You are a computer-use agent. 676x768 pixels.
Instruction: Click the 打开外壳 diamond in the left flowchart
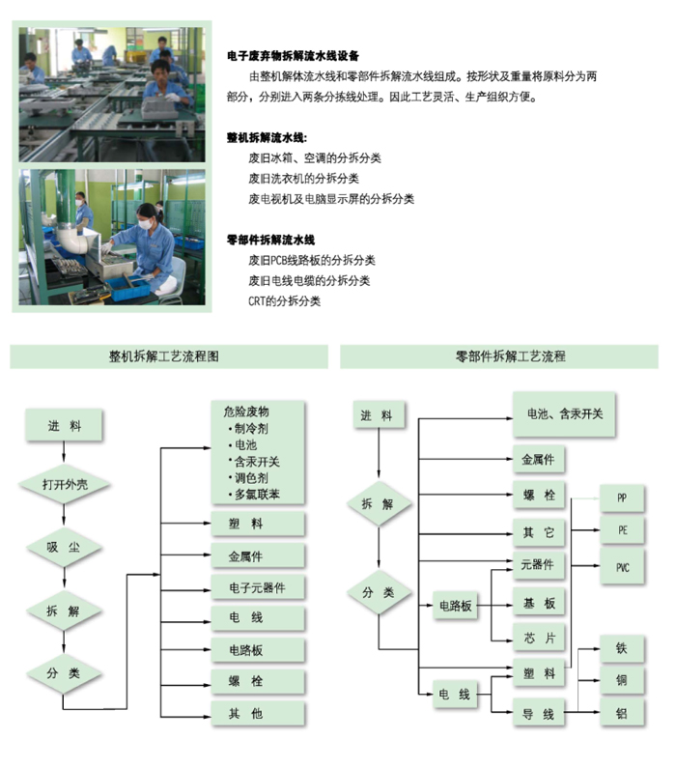tap(64, 484)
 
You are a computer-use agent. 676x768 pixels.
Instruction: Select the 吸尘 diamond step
tap(64, 547)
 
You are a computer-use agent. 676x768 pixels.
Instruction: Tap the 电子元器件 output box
tap(258, 587)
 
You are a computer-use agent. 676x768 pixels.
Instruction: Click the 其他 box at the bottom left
tap(258, 714)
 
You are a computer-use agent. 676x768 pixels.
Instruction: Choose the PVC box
tap(622, 567)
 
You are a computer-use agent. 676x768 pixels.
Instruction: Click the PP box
tap(622, 498)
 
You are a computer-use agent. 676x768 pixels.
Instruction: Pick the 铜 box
tap(622, 680)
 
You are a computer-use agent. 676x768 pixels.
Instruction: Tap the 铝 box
tap(622, 713)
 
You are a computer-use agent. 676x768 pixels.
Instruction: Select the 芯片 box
tap(539, 638)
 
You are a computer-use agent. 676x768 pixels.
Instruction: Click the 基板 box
tap(539, 603)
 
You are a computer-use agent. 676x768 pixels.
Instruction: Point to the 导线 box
tap(539, 714)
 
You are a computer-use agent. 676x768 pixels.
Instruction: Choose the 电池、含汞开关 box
tap(564, 414)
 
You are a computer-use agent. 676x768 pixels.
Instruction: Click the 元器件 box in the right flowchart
tap(539, 565)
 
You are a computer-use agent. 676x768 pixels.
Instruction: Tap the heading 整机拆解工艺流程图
tap(164, 356)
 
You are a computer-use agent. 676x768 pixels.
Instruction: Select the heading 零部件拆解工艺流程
tap(511, 356)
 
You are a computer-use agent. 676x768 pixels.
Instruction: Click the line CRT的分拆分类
tap(284, 300)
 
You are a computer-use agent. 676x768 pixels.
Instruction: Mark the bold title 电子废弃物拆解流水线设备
tap(294, 56)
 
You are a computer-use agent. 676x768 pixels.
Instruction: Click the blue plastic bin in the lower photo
tap(127, 288)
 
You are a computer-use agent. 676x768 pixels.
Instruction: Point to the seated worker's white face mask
tap(146, 224)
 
